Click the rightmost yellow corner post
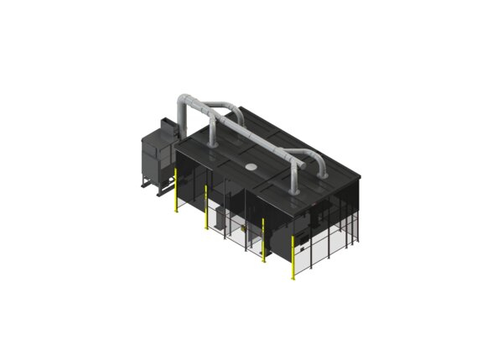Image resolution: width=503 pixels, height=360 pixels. (x=293, y=256)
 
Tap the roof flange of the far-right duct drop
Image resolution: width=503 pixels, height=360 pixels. (x=296, y=190)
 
